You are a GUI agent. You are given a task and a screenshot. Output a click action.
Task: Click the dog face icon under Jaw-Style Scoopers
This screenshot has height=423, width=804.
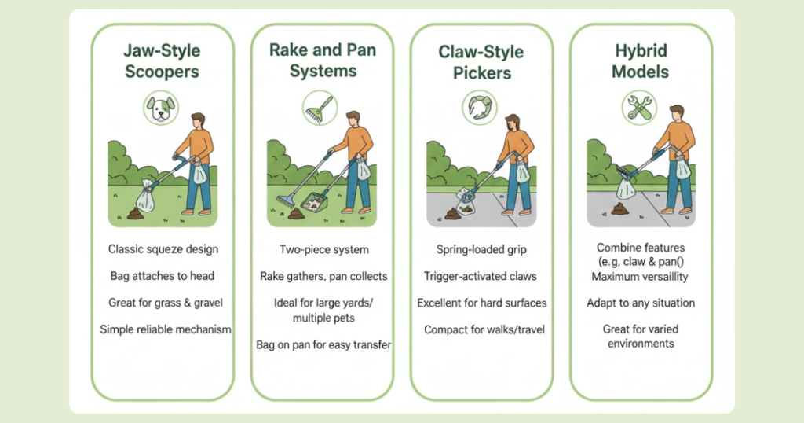pyautogui.click(x=161, y=108)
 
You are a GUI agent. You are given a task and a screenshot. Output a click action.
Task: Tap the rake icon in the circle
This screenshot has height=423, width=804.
pyautogui.click(x=320, y=109)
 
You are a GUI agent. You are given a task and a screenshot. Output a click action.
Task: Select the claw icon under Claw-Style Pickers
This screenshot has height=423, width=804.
pyautogui.click(x=480, y=108)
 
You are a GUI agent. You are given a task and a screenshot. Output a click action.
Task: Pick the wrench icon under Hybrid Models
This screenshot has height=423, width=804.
pyautogui.click(x=639, y=108)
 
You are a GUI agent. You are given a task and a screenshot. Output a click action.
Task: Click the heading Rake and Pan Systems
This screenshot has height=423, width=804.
pyautogui.click(x=323, y=60)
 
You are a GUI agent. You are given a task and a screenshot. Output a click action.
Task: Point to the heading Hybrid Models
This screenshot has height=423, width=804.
pyautogui.click(x=641, y=61)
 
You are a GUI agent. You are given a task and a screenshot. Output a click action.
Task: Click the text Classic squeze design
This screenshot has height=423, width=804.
pyautogui.click(x=163, y=249)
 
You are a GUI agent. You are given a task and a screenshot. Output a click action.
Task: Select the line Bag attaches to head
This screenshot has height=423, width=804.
pyautogui.click(x=162, y=276)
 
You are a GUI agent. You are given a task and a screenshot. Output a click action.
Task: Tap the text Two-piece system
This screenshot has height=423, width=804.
pyautogui.click(x=324, y=249)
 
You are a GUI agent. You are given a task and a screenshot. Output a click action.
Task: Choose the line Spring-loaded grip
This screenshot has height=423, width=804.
pyautogui.click(x=481, y=249)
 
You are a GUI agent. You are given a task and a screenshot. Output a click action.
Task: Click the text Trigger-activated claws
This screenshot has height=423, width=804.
pyautogui.click(x=481, y=276)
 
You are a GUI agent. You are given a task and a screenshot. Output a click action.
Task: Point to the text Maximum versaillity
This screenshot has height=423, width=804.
pyautogui.click(x=640, y=277)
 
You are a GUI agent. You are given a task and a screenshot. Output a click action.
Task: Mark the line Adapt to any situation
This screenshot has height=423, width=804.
pyautogui.click(x=641, y=303)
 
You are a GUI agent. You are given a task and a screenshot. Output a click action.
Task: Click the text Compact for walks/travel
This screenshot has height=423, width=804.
pyautogui.click(x=484, y=329)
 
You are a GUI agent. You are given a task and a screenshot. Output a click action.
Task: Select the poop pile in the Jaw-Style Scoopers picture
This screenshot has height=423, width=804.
pyautogui.click(x=135, y=213)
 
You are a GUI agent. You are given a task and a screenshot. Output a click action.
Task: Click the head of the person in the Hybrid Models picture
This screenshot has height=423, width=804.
pyautogui.click(x=677, y=113)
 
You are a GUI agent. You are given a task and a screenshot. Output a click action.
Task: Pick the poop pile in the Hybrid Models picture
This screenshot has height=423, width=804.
pyautogui.click(x=620, y=208)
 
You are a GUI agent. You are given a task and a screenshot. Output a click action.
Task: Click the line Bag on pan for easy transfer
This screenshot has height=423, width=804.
pyautogui.click(x=323, y=344)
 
